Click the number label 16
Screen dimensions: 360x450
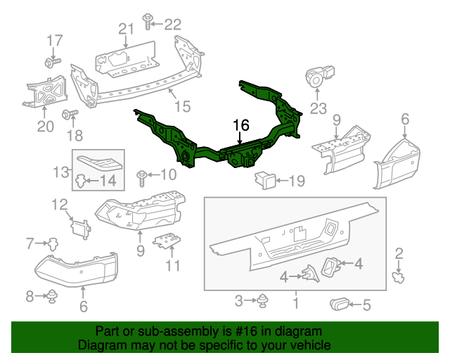(241, 125)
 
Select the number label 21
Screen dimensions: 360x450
(126, 29)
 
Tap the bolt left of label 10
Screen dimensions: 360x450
(143, 173)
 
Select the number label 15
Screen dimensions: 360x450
(183, 106)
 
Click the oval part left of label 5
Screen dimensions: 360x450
(340, 304)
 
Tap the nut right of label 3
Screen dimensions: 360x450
(263, 302)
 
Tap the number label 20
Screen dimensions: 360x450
(45, 127)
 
